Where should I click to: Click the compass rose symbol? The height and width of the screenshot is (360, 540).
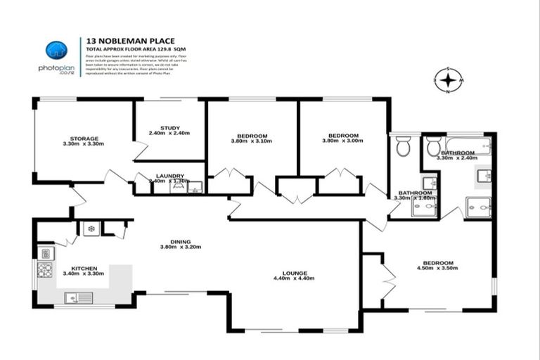point(448,81)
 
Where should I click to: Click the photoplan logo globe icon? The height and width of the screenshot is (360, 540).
point(56,50)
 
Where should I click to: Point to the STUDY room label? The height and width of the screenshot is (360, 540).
point(169,128)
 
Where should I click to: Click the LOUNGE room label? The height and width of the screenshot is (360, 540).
point(294,273)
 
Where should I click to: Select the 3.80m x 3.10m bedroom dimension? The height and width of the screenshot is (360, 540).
point(251,141)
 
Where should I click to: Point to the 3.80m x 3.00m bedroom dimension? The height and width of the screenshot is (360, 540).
point(344,141)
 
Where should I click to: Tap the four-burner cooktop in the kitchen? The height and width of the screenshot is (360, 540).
point(45,269)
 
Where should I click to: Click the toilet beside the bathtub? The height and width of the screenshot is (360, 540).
point(431,148)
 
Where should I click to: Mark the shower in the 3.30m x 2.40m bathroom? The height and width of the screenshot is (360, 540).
point(479,207)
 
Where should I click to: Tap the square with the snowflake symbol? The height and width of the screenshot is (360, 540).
point(91,229)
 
